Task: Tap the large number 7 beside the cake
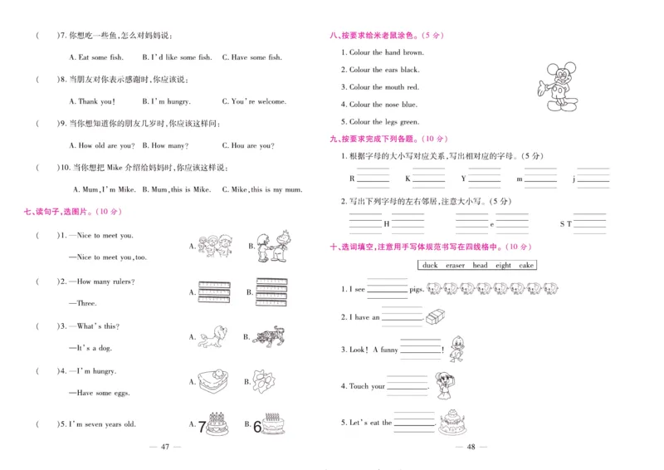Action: (x=201, y=426)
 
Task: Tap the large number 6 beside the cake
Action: (x=256, y=426)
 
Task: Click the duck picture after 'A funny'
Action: (x=456, y=350)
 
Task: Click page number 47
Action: (x=164, y=448)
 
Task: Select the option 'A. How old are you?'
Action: (x=102, y=145)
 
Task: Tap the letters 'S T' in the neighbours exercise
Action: (x=565, y=224)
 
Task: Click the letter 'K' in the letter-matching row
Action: (x=408, y=179)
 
